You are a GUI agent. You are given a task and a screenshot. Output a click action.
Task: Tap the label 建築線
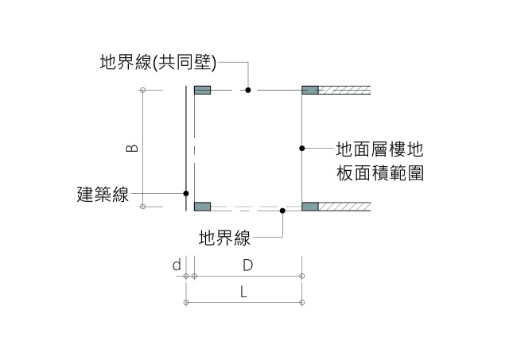pyautogui.click(x=103, y=193)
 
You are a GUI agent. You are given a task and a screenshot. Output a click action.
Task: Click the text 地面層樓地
pyautogui.click(x=379, y=149)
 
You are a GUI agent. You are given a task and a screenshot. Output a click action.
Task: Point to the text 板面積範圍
pyautogui.click(x=379, y=172)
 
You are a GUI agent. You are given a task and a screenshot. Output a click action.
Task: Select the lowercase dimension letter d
pyautogui.click(x=177, y=264)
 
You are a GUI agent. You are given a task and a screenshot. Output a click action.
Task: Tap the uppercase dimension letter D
pyautogui.click(x=247, y=264)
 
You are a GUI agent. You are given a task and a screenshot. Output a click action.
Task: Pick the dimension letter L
pyautogui.click(x=244, y=292)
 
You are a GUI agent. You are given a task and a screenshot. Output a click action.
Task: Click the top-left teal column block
pyautogui.click(x=202, y=90)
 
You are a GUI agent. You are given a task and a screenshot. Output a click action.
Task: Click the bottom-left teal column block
pyautogui.click(x=202, y=207)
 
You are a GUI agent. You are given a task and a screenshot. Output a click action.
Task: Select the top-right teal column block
pyautogui.click(x=310, y=90)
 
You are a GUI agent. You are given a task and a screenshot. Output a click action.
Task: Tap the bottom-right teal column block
pyautogui.click(x=310, y=207)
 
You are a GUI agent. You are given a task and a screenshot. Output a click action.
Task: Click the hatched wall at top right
pyautogui.click(x=346, y=90)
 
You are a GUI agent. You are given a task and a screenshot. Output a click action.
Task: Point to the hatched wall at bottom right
pyautogui.click(x=346, y=207)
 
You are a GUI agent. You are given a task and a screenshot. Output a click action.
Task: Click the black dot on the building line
pyautogui.click(x=186, y=193)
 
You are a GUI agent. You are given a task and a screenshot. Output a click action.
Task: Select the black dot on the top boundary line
pyautogui.click(x=248, y=90)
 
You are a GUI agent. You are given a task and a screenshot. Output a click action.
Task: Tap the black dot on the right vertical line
pyautogui.click(x=303, y=148)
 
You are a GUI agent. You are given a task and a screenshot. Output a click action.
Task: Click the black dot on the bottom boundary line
pyautogui.click(x=282, y=211)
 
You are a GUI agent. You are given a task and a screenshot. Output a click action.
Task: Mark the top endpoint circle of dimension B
pyautogui.click(x=142, y=90)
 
